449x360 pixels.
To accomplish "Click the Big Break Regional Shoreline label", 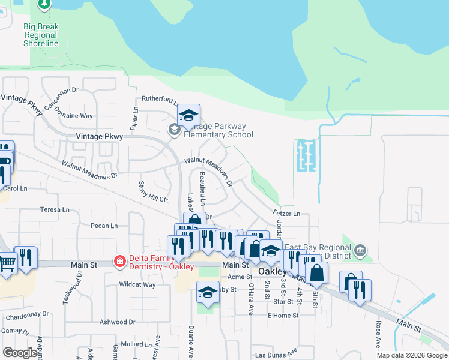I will tap(41, 35).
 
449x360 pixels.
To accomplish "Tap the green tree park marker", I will tap(44, 4).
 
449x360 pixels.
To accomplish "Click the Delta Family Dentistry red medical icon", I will tap(119, 261).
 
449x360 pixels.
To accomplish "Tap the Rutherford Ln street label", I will tap(159, 100).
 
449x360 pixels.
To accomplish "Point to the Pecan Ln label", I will tap(104, 226).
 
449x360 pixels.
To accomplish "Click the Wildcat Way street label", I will tap(137, 284).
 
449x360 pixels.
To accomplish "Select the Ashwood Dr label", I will tap(117, 322).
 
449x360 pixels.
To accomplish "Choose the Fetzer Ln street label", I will tap(286, 213).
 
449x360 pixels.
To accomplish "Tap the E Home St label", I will tap(283, 316).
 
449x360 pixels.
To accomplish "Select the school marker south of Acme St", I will tap(208, 292).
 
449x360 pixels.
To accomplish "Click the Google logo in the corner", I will tap(20, 352).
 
